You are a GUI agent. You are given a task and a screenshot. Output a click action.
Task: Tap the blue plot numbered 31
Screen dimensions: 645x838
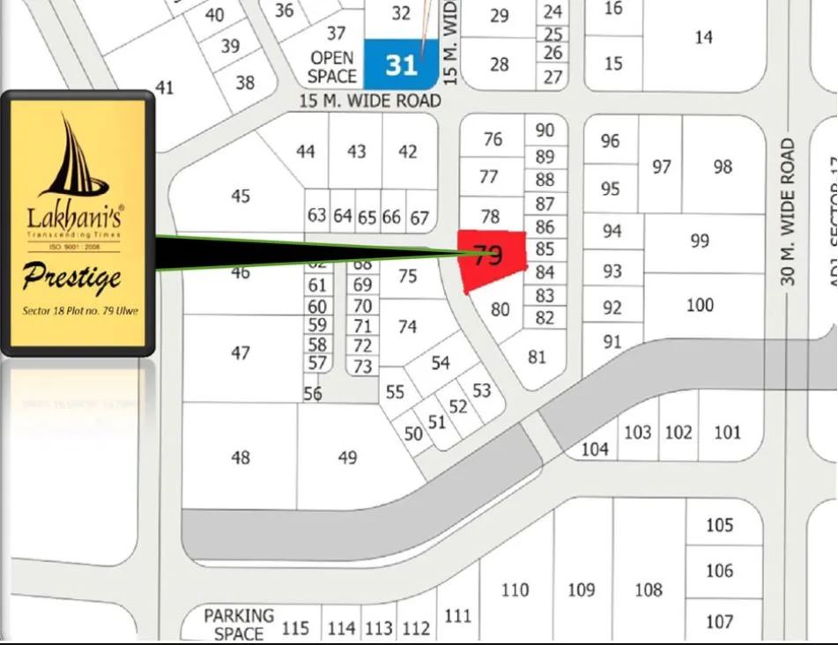pos(401,64)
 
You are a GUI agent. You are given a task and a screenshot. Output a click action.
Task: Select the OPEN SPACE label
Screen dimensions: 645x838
pos(332,68)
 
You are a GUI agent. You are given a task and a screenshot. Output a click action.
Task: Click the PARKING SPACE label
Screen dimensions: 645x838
pos(239,624)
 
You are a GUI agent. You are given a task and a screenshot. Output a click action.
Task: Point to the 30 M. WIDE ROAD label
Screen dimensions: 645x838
pos(788,211)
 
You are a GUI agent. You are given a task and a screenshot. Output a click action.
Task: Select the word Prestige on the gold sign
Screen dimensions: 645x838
pos(72,278)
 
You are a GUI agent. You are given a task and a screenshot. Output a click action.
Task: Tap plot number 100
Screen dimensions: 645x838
pos(700,305)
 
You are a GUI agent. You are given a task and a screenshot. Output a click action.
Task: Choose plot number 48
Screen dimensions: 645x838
pos(240,457)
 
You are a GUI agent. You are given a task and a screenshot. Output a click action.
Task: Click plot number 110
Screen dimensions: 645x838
pos(515,589)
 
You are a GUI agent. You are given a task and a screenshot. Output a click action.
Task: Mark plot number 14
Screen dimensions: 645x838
pos(703,37)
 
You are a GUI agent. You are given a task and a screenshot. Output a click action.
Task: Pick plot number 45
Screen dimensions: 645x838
pos(241,196)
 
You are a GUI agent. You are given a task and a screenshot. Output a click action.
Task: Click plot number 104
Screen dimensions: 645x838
pos(595,449)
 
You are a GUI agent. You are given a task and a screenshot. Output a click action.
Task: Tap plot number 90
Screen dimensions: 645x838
pos(545,130)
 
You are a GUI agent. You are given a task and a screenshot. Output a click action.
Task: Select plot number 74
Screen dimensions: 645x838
pos(407,326)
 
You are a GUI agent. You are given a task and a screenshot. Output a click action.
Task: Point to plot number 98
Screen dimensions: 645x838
pos(723,167)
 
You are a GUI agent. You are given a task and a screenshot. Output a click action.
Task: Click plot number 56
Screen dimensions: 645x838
pos(313,394)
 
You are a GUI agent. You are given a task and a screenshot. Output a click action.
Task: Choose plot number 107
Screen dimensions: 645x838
pos(719,621)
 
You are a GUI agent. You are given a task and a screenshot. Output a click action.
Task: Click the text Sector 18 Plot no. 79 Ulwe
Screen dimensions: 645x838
pos(80,311)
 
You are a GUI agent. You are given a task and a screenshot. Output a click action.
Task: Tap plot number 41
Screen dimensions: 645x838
pos(165,87)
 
